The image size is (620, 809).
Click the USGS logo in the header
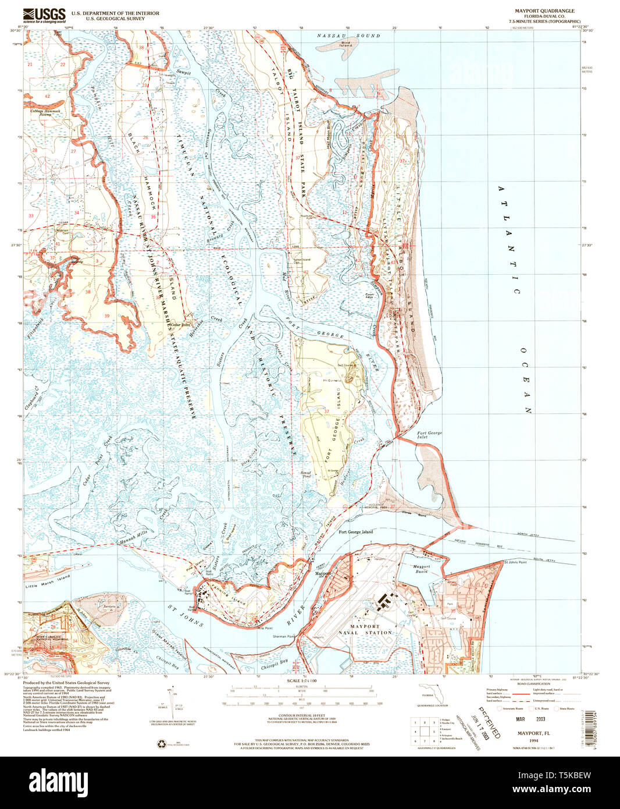(x=44, y=15)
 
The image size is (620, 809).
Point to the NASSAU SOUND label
(x=348, y=36)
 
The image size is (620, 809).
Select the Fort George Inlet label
(x=429, y=435)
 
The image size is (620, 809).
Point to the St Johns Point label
(x=515, y=562)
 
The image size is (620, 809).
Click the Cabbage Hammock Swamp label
(x=38, y=113)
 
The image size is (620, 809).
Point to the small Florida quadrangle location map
(x=431, y=693)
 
